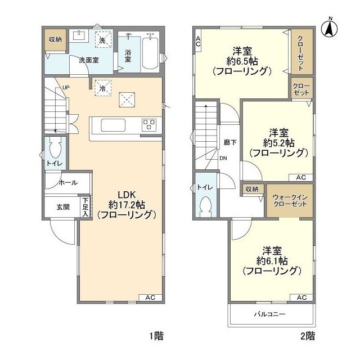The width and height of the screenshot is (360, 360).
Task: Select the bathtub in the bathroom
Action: (x=149, y=54)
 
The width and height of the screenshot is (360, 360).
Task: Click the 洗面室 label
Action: (x=89, y=60)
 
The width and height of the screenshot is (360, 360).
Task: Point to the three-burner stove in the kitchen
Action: (x=149, y=123)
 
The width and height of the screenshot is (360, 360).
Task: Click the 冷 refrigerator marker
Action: (x=102, y=87)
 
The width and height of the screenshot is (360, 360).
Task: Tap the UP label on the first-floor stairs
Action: (x=66, y=88)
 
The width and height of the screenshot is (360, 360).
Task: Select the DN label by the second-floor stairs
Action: (x=223, y=158)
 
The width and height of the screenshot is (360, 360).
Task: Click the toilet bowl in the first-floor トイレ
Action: (x=54, y=151)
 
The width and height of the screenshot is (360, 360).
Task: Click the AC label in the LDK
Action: (x=150, y=297)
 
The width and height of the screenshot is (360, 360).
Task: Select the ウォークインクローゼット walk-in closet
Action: (x=288, y=200)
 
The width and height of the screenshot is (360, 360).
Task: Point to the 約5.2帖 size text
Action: (x=279, y=142)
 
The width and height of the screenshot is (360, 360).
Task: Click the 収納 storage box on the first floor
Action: (x=55, y=39)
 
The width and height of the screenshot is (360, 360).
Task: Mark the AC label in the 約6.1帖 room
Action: (x=301, y=297)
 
